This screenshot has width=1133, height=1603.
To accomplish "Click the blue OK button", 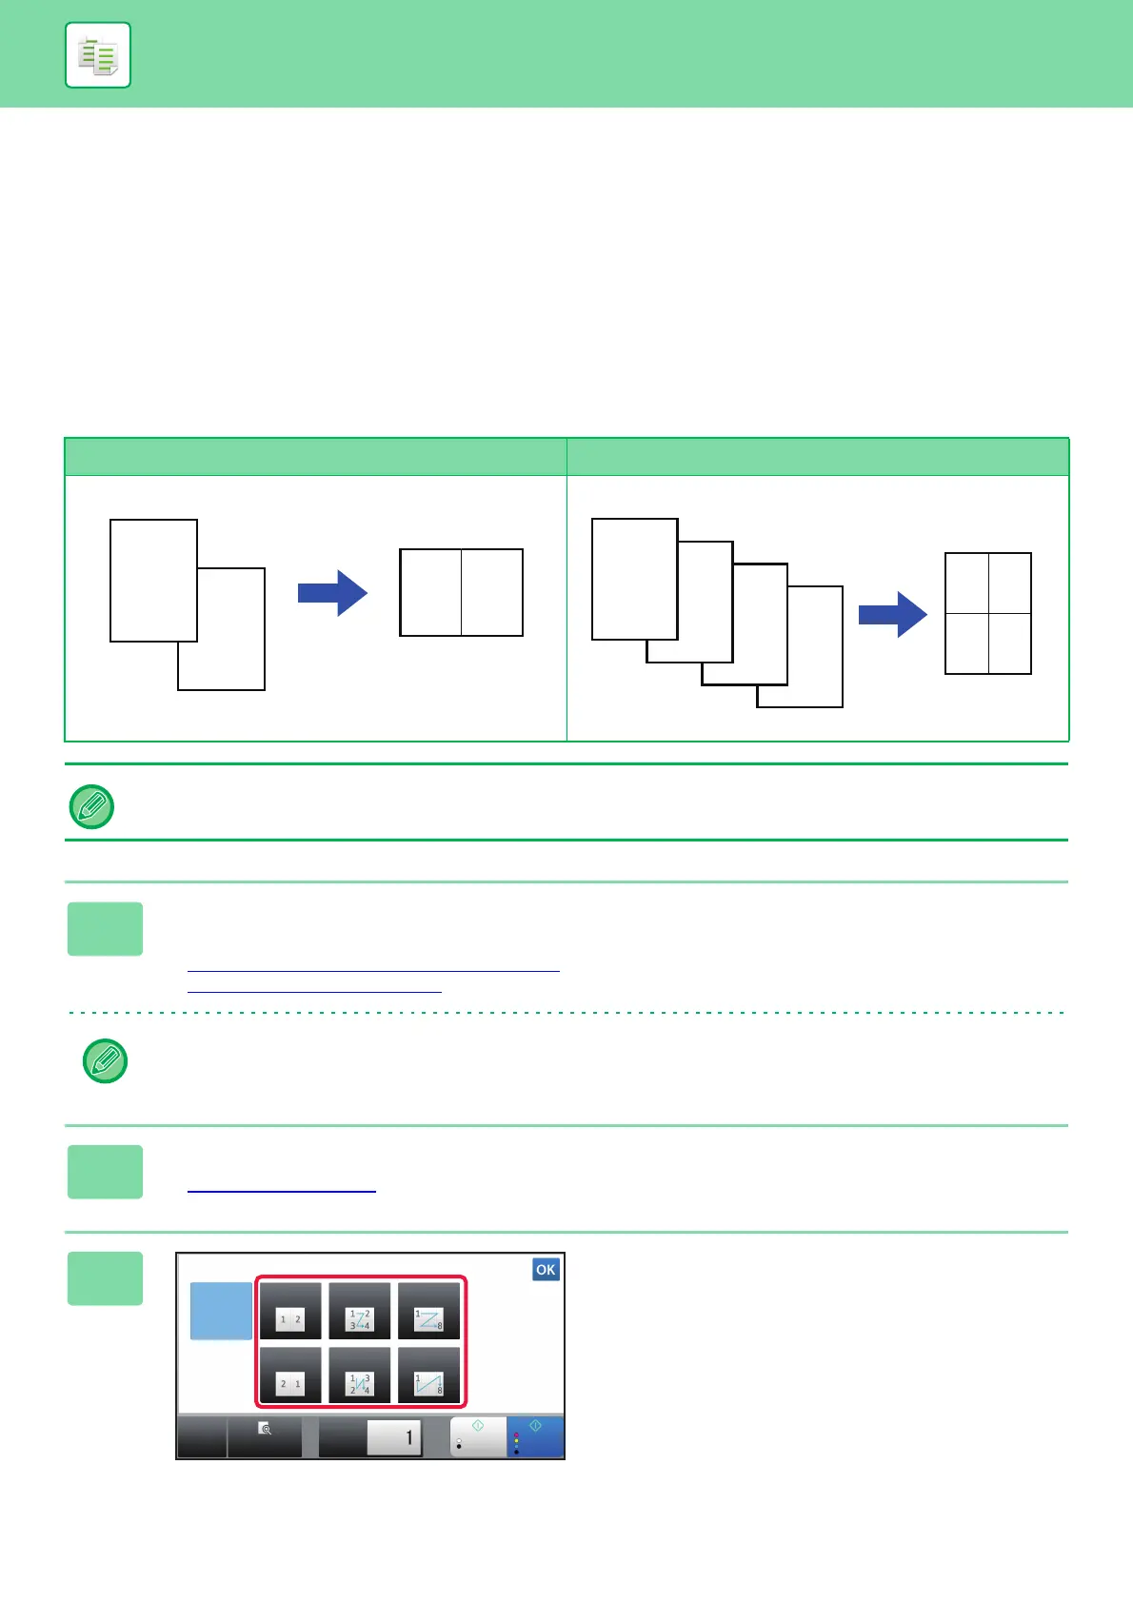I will click(546, 1269).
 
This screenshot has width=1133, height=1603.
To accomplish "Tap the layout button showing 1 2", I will click(290, 1312).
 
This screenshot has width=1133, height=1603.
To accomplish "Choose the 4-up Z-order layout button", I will click(360, 1312).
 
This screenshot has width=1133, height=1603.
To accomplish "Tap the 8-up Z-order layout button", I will click(428, 1312).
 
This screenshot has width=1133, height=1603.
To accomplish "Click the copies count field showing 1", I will click(394, 1437).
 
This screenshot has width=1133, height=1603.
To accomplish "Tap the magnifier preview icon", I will click(266, 1429).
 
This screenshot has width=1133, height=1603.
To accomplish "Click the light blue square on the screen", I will click(221, 1311).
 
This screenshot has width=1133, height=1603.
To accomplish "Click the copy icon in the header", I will click(98, 55).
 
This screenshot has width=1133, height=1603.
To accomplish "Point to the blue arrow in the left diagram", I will click(332, 593).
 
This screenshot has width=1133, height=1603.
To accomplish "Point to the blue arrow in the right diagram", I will click(892, 614).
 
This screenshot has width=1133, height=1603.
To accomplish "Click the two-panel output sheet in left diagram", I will click(461, 592).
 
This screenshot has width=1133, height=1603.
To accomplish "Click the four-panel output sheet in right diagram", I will click(987, 613).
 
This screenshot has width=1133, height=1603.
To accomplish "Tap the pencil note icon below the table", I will click(92, 806).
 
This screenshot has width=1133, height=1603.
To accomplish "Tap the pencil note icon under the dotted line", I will click(105, 1060).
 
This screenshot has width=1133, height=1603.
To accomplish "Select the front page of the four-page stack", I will click(634, 579).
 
